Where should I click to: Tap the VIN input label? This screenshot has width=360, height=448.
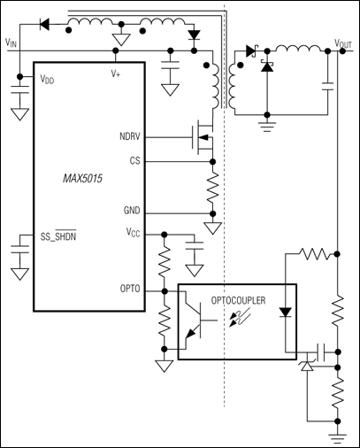coord(11,42)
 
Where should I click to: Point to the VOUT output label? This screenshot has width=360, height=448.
coord(343,42)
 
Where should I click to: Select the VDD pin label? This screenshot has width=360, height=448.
coord(46,79)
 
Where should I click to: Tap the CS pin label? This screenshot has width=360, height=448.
coord(134,161)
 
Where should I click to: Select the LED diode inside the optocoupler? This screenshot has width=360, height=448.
coord(284,312)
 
